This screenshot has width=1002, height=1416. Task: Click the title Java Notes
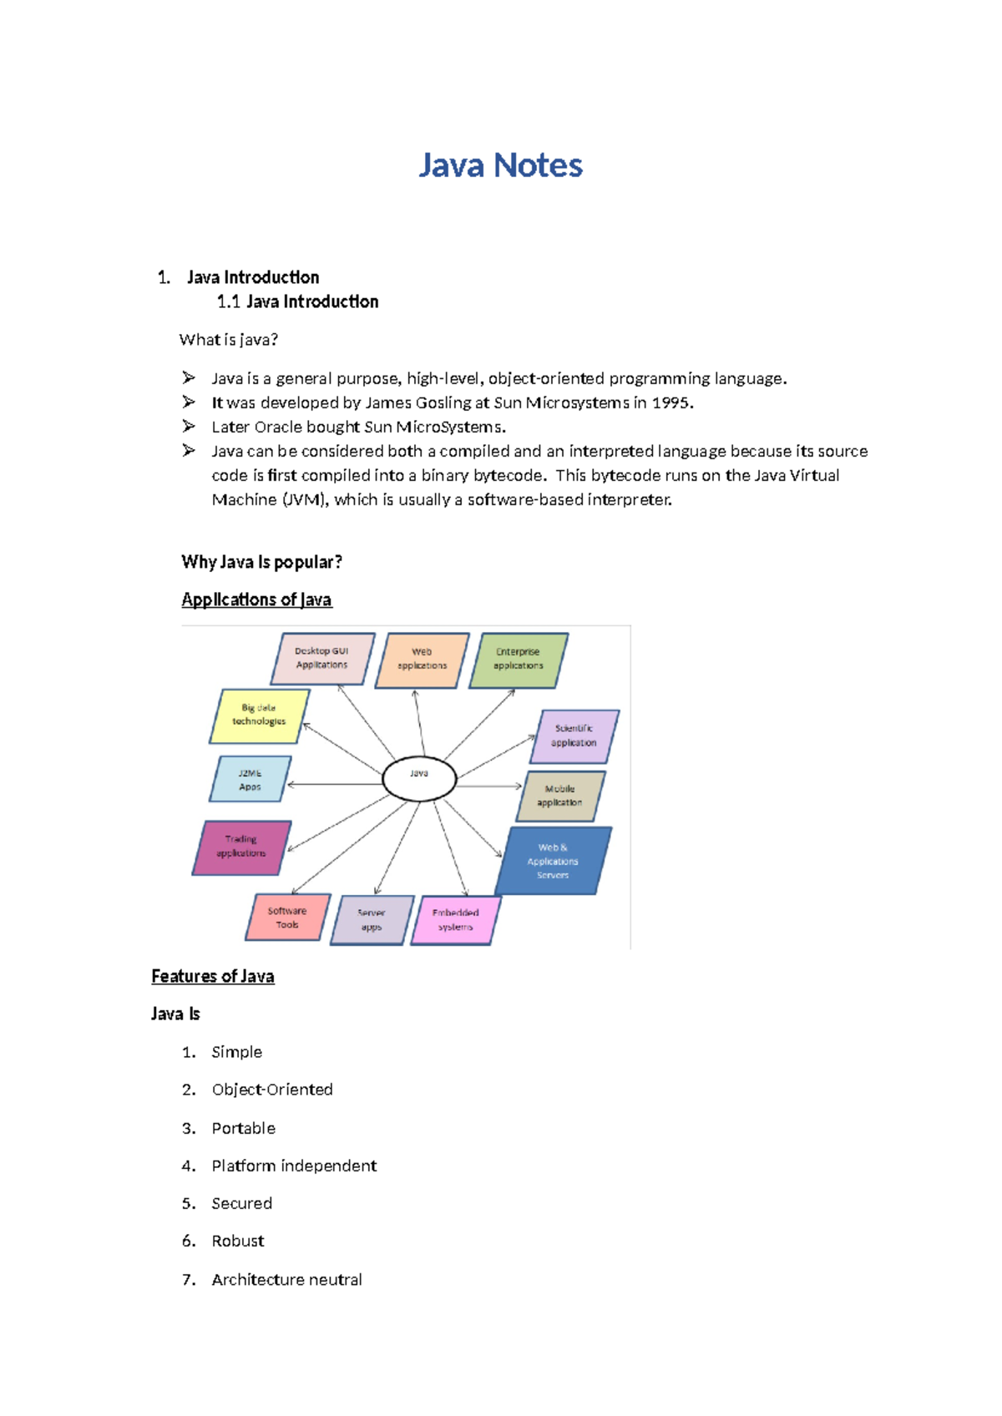(x=500, y=165)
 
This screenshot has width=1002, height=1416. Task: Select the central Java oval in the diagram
(x=419, y=779)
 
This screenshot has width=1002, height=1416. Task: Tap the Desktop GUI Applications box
(x=322, y=659)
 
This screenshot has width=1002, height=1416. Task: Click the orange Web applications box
(x=422, y=660)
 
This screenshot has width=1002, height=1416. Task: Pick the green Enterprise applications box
(x=518, y=660)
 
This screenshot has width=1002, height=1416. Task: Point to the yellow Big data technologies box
(x=259, y=716)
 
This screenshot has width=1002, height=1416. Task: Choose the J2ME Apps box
(x=250, y=780)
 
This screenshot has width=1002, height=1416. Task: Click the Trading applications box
(x=241, y=847)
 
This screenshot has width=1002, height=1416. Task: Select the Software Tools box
(x=287, y=918)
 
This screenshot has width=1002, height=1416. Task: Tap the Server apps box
(x=372, y=920)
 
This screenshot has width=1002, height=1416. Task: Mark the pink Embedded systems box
(x=456, y=920)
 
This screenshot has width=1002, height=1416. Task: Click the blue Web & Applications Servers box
(x=553, y=861)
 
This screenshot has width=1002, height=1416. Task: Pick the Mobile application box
(x=559, y=796)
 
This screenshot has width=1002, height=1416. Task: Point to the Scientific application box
(x=574, y=736)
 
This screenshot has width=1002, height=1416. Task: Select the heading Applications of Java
(x=256, y=599)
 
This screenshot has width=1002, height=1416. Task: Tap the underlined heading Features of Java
(x=213, y=976)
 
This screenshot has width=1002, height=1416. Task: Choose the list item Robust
(x=238, y=1242)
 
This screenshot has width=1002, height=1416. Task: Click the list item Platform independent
(x=294, y=1166)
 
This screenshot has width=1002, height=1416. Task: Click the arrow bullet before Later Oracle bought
(x=189, y=427)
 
